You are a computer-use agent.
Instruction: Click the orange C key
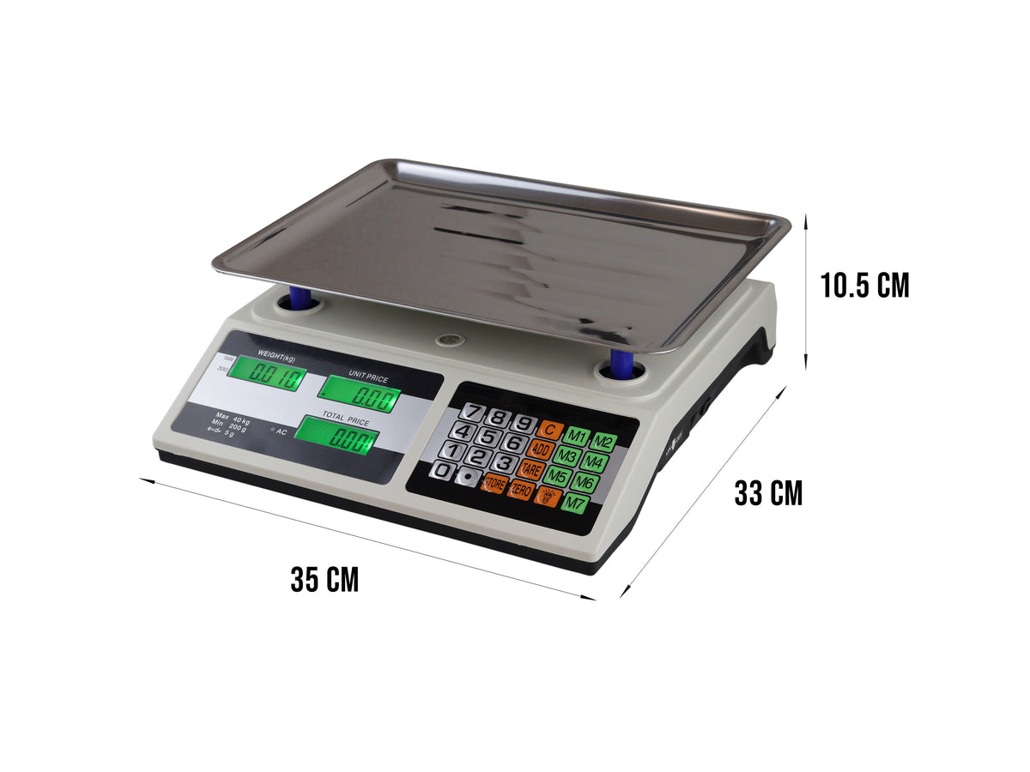point(549,429)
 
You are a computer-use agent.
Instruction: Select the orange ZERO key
point(520,492)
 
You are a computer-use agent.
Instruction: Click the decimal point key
point(468,476)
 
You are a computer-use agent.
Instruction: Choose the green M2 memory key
point(603,443)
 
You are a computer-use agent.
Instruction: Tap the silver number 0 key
point(443,470)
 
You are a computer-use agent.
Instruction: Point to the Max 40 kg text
point(233,419)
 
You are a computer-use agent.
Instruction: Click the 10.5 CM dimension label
point(864,285)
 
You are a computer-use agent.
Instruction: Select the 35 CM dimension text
point(324,580)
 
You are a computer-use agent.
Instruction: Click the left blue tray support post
point(300,299)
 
